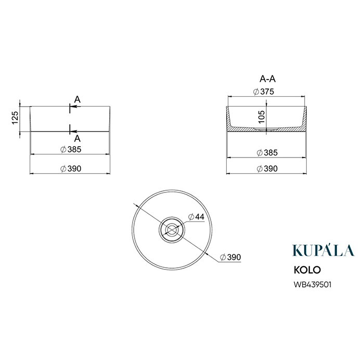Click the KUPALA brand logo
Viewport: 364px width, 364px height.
click(x=323, y=250)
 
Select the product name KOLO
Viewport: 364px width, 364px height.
click(x=307, y=270)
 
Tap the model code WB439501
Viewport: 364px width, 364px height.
click(x=312, y=284)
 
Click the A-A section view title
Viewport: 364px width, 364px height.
click(x=267, y=79)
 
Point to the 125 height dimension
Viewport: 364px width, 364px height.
click(x=15, y=118)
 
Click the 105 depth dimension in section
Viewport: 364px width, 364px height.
click(x=262, y=117)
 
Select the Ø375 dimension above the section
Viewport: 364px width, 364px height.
click(x=264, y=92)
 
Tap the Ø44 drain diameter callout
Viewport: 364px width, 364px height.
click(x=196, y=217)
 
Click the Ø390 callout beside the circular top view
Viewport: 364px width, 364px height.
click(x=230, y=257)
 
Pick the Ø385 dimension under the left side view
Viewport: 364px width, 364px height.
click(x=71, y=150)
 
